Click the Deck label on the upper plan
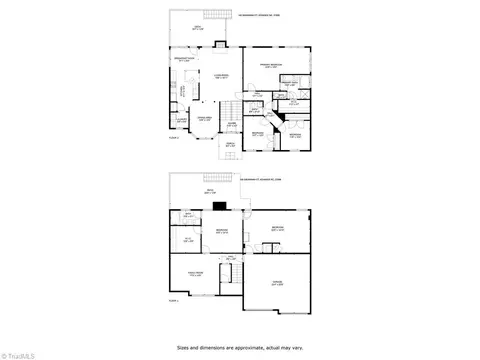coord(197,30)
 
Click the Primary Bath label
coord(288,84)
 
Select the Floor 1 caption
coord(173,300)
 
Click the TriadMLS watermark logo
coord(20,352)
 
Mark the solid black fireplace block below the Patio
coord(219,207)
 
